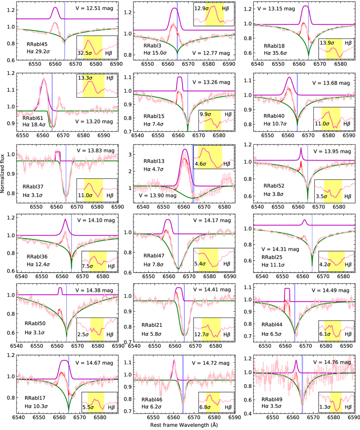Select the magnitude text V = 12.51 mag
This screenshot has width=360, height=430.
point(95,9)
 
